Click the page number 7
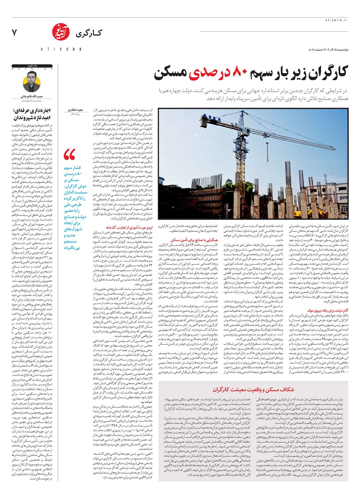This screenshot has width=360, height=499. [14, 32]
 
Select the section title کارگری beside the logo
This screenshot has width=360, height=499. [88, 34]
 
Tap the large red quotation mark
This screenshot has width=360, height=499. [69, 155]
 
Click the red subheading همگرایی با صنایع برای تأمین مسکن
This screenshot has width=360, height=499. [194, 240]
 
